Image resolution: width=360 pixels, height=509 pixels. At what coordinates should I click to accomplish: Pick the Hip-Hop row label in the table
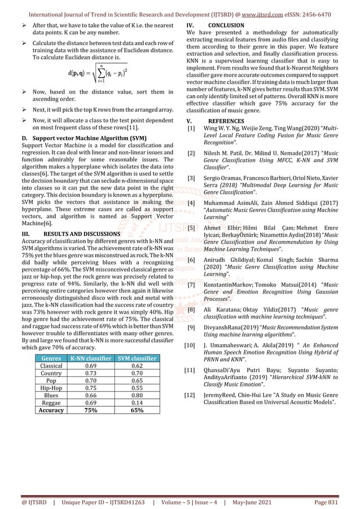point(51,388)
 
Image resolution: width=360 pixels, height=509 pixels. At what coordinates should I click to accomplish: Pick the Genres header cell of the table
point(51,359)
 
